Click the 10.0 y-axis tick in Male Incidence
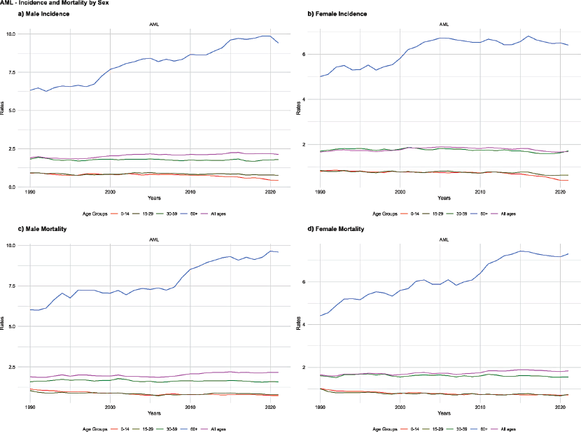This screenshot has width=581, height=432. tap(21, 34)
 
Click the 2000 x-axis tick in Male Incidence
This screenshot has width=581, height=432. tap(110, 191)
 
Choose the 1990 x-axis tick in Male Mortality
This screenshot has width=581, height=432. tap(30, 406)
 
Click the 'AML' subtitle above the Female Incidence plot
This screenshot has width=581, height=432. tap(444, 25)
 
